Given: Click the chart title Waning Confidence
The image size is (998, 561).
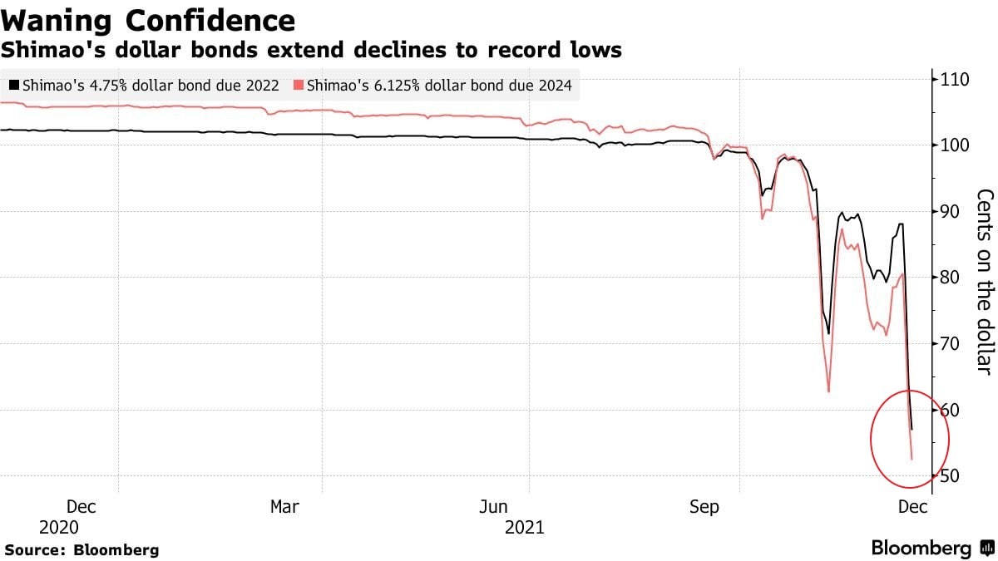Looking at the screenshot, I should pos(148,20).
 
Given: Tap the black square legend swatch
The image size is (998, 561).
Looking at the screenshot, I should pos(14,86).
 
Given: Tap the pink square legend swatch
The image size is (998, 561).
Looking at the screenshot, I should pos(299,86).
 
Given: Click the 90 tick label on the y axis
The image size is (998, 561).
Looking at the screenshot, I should pos(951,211).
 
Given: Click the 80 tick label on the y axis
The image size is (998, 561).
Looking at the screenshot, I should pos(951,277).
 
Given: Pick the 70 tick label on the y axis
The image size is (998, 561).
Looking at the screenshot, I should pos(951,343).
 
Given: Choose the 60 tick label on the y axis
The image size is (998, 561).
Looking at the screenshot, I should pos(951,410).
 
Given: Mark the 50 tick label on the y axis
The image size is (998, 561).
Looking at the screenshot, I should pos(951,475).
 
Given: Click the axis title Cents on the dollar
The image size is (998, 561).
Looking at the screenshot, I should pos(984,282).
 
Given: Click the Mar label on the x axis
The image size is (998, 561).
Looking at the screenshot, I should pos(285,506).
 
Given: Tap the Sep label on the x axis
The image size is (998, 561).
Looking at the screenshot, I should pos(704,506).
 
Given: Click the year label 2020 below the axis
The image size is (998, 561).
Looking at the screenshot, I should pos(58,528).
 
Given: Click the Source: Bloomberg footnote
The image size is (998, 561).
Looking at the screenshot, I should pos(82,549).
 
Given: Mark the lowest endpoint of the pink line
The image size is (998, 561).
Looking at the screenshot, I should pos(912,459).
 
